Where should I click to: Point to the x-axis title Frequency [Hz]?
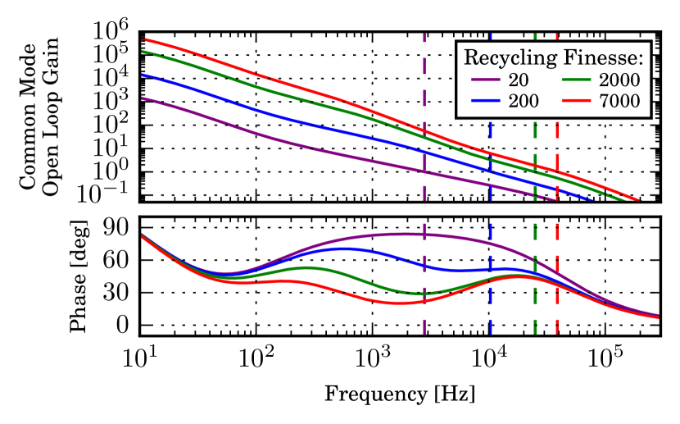[400, 393]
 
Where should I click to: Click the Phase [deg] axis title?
[79, 276]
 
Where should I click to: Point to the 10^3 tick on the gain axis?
[112, 101]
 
